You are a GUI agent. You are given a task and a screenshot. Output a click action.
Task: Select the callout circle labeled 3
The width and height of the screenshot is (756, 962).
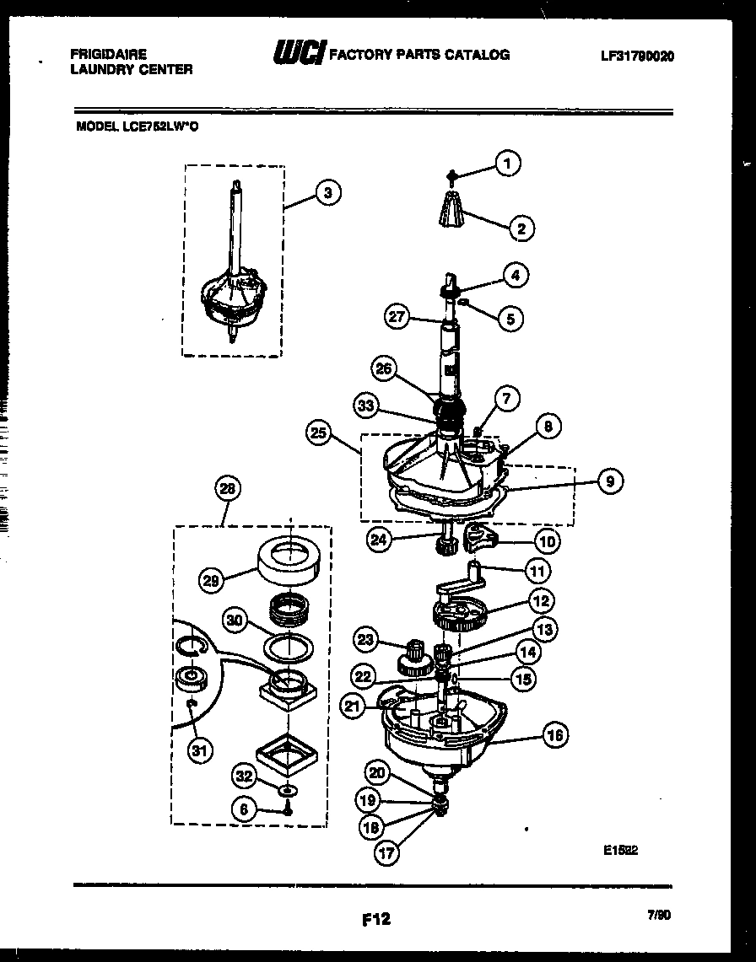click(x=327, y=193)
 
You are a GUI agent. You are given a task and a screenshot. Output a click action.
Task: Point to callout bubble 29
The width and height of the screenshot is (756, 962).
click(x=212, y=579)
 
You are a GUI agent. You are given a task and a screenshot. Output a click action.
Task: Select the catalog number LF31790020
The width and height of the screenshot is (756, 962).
click(x=637, y=56)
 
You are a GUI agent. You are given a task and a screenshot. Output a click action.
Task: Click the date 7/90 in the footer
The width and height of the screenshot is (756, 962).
click(x=660, y=914)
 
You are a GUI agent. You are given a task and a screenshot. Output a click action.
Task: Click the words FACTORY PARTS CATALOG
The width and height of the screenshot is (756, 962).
click(x=418, y=55)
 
